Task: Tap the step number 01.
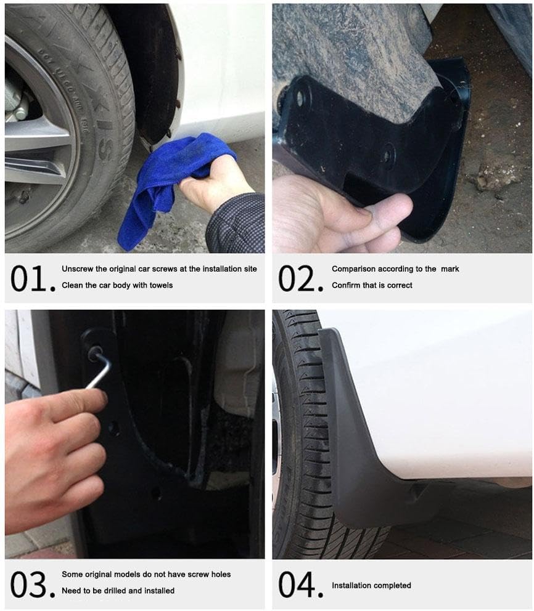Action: (28, 278)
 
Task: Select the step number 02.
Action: (300, 278)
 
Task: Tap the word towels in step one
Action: (161, 285)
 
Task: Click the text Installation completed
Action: (371, 585)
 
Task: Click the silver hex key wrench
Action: (99, 370)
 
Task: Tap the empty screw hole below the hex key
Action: (113, 429)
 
